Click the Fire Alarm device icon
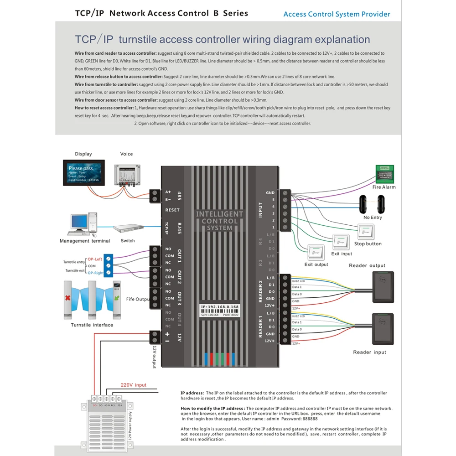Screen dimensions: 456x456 click(384, 174)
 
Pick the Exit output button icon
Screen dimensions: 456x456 click(316, 252)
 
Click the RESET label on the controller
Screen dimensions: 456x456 click(172, 210)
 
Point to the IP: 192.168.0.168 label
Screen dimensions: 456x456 click(220, 307)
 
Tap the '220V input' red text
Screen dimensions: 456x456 click(134, 385)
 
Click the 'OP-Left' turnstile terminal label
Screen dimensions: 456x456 click(95, 259)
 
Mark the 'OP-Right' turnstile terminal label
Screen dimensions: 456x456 click(96, 273)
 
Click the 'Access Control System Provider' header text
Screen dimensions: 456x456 click(337, 14)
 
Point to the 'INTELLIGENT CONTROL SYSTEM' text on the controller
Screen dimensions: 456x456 click(220, 221)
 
